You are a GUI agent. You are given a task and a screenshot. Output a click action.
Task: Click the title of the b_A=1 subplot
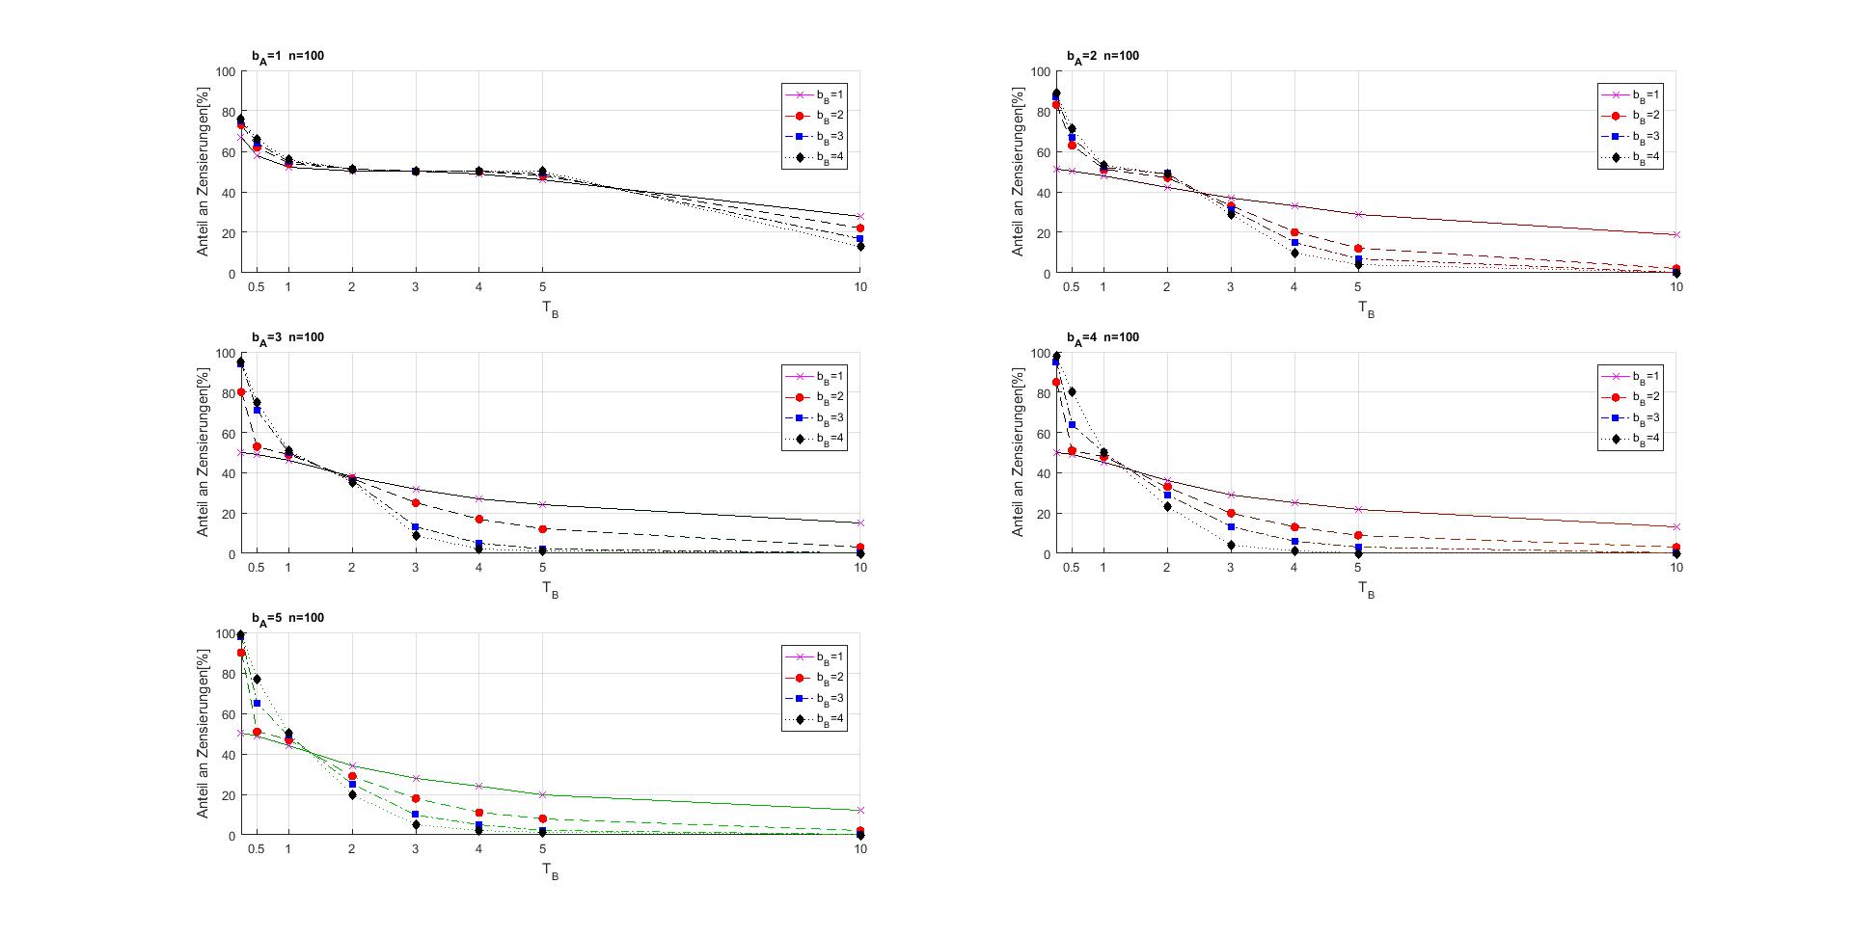coord(287,56)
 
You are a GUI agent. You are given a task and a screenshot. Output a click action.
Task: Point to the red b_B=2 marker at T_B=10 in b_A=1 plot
coord(860,228)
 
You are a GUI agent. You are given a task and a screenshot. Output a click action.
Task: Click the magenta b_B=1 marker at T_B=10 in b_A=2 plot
coord(1676,234)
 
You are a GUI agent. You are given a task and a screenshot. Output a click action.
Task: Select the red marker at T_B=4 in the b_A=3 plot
coord(479,519)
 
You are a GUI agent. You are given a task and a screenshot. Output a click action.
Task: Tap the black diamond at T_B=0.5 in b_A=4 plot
coord(1072,391)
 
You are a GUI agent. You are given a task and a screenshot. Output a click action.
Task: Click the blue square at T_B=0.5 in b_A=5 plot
coord(257,704)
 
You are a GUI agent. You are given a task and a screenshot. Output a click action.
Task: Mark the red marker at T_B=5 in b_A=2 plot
coord(1358,249)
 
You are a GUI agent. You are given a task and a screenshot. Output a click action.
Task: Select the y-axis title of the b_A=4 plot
coord(1018,452)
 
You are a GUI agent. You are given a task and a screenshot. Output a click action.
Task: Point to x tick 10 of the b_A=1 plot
coord(860,287)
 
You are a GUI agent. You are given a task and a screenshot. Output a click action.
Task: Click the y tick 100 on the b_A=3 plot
coord(225,353)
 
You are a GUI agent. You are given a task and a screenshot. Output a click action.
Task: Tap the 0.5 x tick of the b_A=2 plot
coord(1072,287)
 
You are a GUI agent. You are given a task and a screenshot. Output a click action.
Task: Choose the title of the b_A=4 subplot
coord(1103,337)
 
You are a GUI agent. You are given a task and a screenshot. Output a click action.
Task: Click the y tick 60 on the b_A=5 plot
coord(228,714)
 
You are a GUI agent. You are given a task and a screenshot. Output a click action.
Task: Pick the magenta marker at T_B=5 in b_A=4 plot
coord(1358,509)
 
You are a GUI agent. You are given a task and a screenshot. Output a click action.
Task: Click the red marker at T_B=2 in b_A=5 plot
coord(352,776)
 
